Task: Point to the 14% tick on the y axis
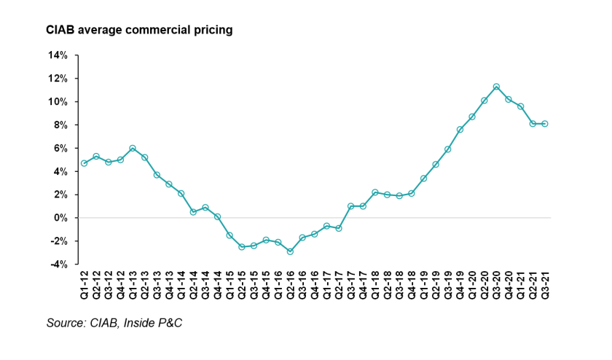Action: (x=58, y=55)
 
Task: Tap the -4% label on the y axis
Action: (x=59, y=265)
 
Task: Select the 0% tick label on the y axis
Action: (x=60, y=218)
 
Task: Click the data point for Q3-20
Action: (x=496, y=87)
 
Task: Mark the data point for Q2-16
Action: (x=290, y=251)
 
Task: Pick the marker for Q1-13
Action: (x=133, y=148)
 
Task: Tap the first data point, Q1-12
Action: (x=85, y=163)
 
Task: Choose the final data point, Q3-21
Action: (x=544, y=124)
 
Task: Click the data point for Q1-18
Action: (x=374, y=192)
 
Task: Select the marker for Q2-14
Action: (x=193, y=212)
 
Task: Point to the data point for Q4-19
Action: (x=460, y=130)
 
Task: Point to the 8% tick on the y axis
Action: (x=60, y=125)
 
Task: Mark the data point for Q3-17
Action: (x=350, y=206)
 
